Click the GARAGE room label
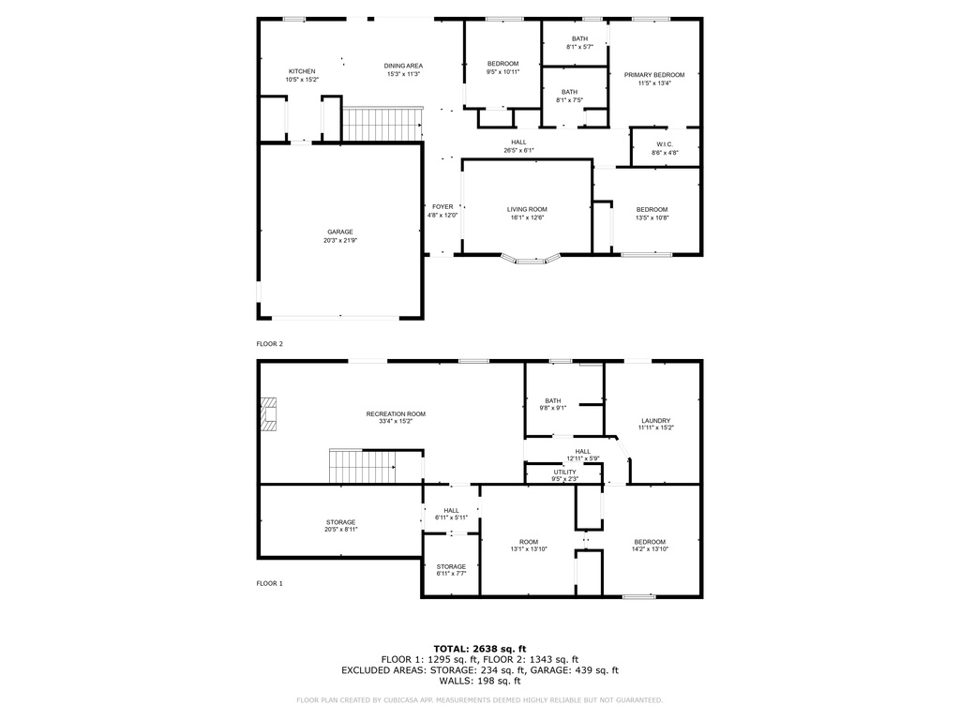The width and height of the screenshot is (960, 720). point(339,232)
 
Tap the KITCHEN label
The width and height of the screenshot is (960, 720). point(302,71)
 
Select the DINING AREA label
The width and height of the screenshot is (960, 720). point(403,67)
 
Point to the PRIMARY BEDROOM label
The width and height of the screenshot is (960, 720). point(654,75)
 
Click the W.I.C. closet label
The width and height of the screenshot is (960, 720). point(665,144)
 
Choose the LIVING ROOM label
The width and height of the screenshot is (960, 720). point(527,209)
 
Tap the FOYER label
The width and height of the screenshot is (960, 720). point(442,207)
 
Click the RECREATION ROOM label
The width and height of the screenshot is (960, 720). point(396,413)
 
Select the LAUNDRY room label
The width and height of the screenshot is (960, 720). point(655,421)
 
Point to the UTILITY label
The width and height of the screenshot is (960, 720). point(564,472)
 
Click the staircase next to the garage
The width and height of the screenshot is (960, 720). point(382,125)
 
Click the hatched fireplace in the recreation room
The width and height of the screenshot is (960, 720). point(268,414)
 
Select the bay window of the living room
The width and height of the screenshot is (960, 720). point(531,260)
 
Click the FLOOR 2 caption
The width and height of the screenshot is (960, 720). point(269,344)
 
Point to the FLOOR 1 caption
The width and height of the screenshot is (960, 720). point(269,583)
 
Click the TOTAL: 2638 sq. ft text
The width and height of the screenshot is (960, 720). point(480,649)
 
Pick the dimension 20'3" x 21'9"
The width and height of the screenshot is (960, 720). point(339,241)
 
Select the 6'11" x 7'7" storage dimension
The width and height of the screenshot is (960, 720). point(451,574)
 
